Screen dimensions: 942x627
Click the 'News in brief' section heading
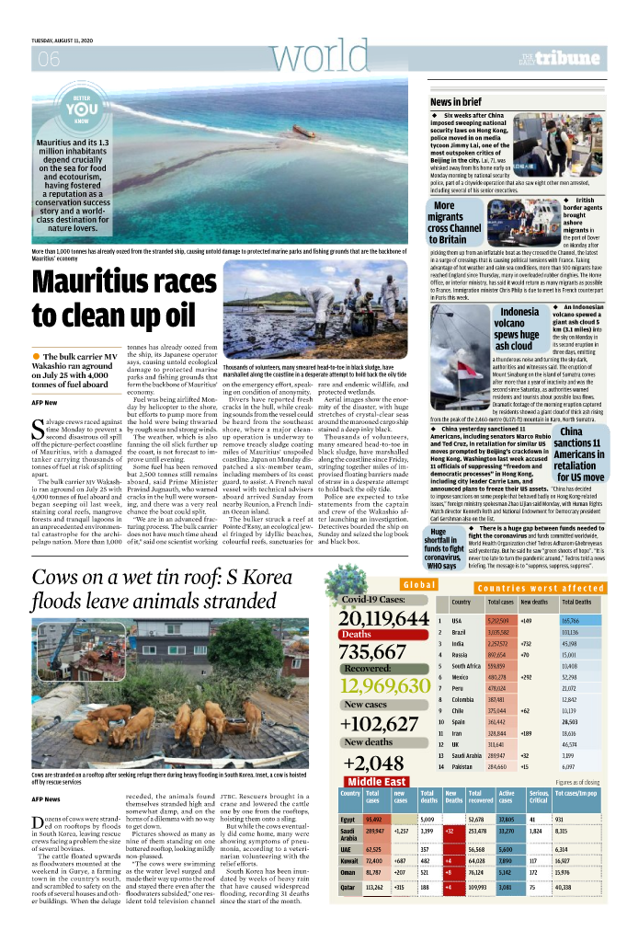455,101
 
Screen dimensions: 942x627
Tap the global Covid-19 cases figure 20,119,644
384,618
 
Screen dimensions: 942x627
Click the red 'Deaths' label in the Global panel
357,635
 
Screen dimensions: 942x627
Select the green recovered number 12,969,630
384,686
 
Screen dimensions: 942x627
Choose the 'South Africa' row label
466,665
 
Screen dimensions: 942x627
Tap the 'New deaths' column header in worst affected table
534,602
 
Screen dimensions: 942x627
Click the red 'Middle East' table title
377,782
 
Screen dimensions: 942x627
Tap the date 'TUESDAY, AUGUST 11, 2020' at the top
68,40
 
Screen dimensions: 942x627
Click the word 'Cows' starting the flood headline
57,580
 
